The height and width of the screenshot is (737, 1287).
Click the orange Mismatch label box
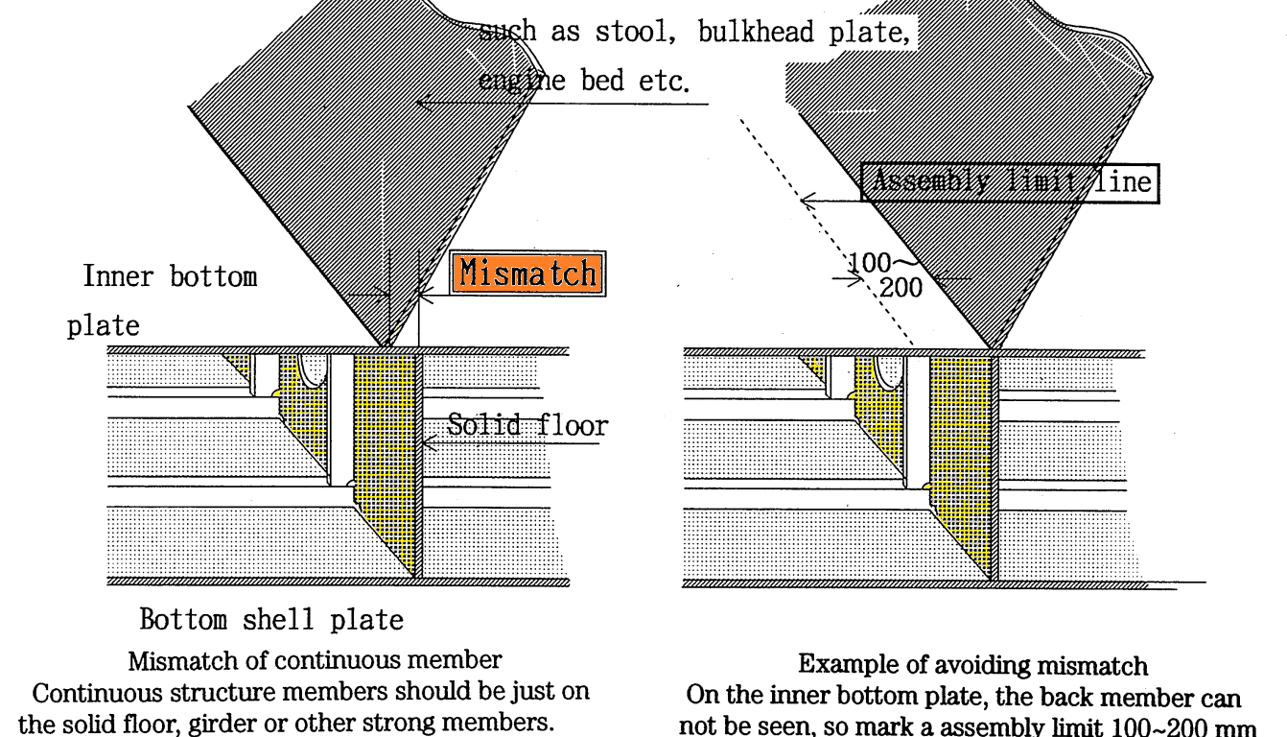point(525,273)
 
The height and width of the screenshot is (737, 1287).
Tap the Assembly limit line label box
point(1009,182)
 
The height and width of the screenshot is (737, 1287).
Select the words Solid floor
point(527,425)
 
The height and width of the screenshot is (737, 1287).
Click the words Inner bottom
point(170,278)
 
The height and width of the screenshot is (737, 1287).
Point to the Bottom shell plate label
point(271,620)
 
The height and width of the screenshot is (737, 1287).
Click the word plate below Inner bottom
point(103,325)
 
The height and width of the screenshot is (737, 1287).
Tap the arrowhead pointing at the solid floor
point(429,442)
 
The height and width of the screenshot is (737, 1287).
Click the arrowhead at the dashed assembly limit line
point(806,202)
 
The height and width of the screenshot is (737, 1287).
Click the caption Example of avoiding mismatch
point(969,664)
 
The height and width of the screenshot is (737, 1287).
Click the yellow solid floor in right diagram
point(961,451)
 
